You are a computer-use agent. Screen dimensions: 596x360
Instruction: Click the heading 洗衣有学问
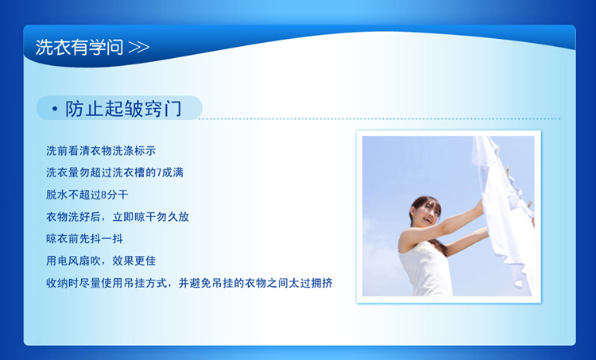79,48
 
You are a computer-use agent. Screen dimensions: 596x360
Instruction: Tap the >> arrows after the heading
139,48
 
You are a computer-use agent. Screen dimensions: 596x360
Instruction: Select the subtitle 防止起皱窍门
123,109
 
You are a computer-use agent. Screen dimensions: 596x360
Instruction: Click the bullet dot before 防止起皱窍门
55,109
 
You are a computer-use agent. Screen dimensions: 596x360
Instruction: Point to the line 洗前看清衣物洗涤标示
101,151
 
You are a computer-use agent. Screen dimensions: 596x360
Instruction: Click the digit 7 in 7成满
159,173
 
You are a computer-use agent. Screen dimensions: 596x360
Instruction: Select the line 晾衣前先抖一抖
84,238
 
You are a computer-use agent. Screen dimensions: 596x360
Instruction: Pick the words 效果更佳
134,261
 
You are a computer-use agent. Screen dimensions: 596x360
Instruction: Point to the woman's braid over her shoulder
439,246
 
